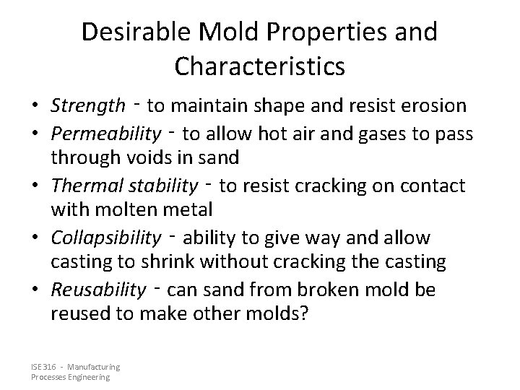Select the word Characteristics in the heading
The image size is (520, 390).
click(259, 66)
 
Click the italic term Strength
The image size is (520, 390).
click(87, 106)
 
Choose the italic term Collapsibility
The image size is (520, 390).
click(106, 238)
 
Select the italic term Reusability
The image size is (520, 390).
click(98, 290)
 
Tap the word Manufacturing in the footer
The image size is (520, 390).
click(96, 367)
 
